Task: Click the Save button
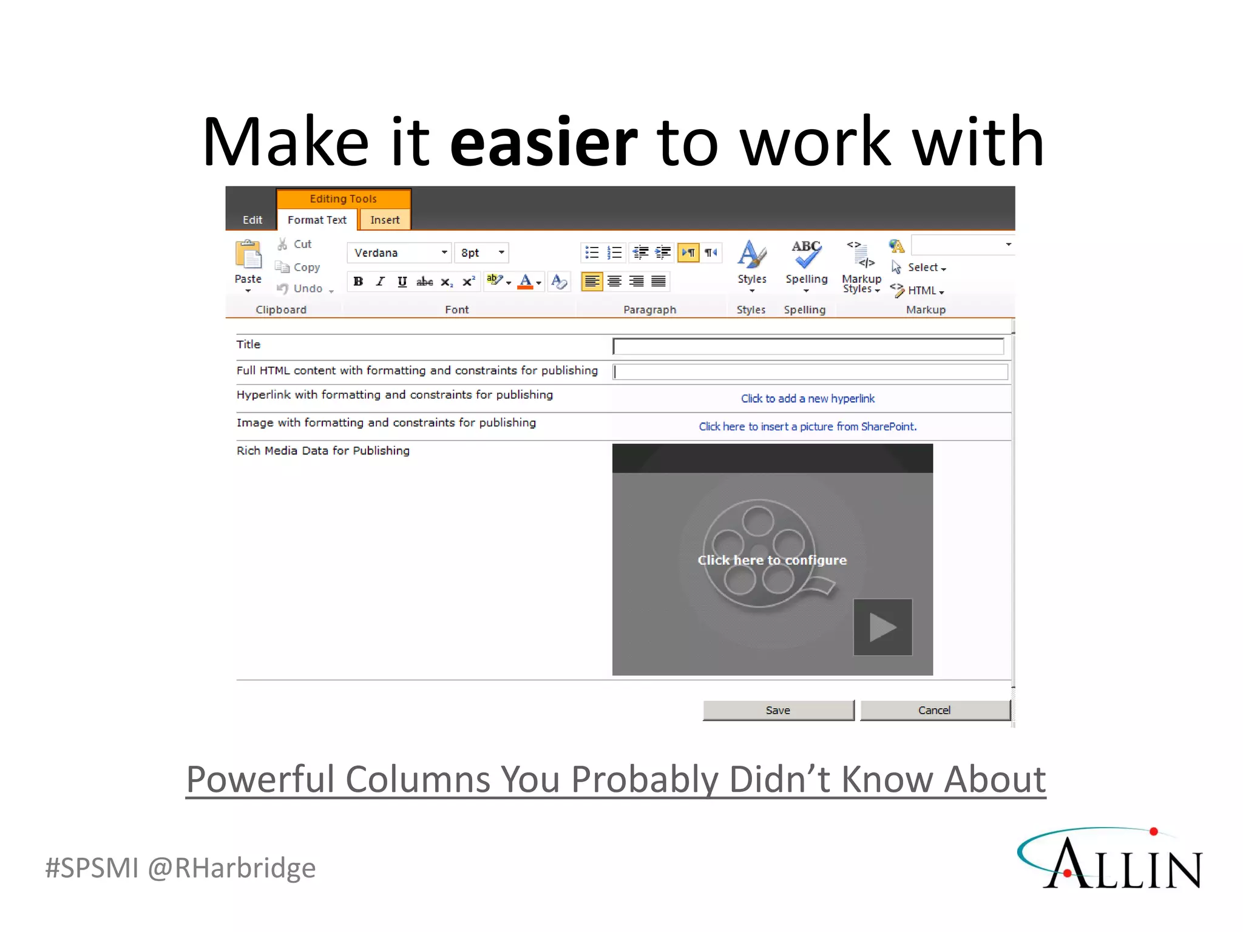[778, 710]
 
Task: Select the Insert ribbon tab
[385, 220]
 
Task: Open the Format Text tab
[317, 220]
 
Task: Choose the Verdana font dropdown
[399, 252]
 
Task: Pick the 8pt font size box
[482, 252]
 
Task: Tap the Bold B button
[358, 282]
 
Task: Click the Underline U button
[402, 282]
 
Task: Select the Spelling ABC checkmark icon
[806, 254]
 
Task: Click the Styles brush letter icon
[751, 254]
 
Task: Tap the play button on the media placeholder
[882, 627]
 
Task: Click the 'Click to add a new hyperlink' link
[807, 399]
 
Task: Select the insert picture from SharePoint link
[807, 427]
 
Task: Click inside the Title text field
[807, 346]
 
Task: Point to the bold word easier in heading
[543, 143]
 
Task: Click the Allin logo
[1111, 859]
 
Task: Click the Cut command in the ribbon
[302, 244]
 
